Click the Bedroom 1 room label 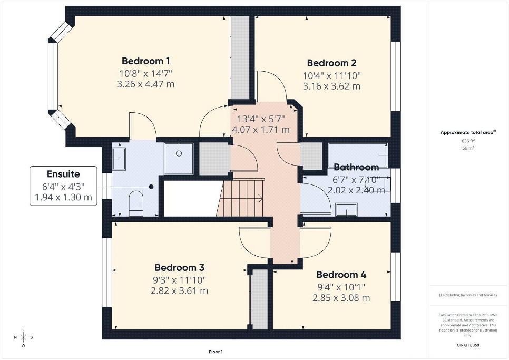[x=146, y=61]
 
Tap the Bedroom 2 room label [x=332, y=63]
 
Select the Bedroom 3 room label [x=180, y=267]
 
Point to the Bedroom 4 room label [x=341, y=275]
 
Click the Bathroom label [x=356, y=167]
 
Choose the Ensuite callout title [x=63, y=174]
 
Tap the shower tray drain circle [x=179, y=153]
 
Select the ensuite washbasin [x=119, y=159]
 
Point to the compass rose [x=23, y=337]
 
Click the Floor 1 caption [x=216, y=352]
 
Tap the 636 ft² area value [x=468, y=141]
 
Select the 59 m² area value [x=468, y=148]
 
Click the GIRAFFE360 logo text [x=468, y=345]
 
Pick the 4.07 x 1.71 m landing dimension [x=261, y=130]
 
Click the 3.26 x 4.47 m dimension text [x=146, y=84]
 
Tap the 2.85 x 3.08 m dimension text [x=341, y=298]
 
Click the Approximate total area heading [x=468, y=132]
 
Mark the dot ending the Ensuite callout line [x=151, y=187]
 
